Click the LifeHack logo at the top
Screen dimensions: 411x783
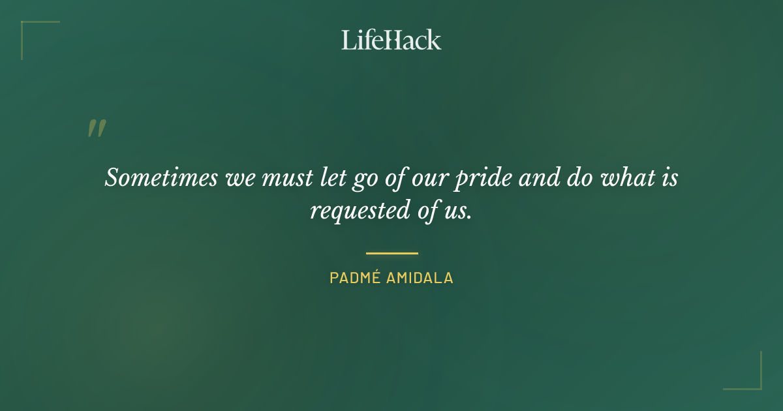point(391,40)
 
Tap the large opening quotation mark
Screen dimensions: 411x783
point(97,129)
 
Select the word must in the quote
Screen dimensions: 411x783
point(279,177)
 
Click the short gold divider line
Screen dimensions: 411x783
point(391,253)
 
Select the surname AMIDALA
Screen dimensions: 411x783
point(420,279)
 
